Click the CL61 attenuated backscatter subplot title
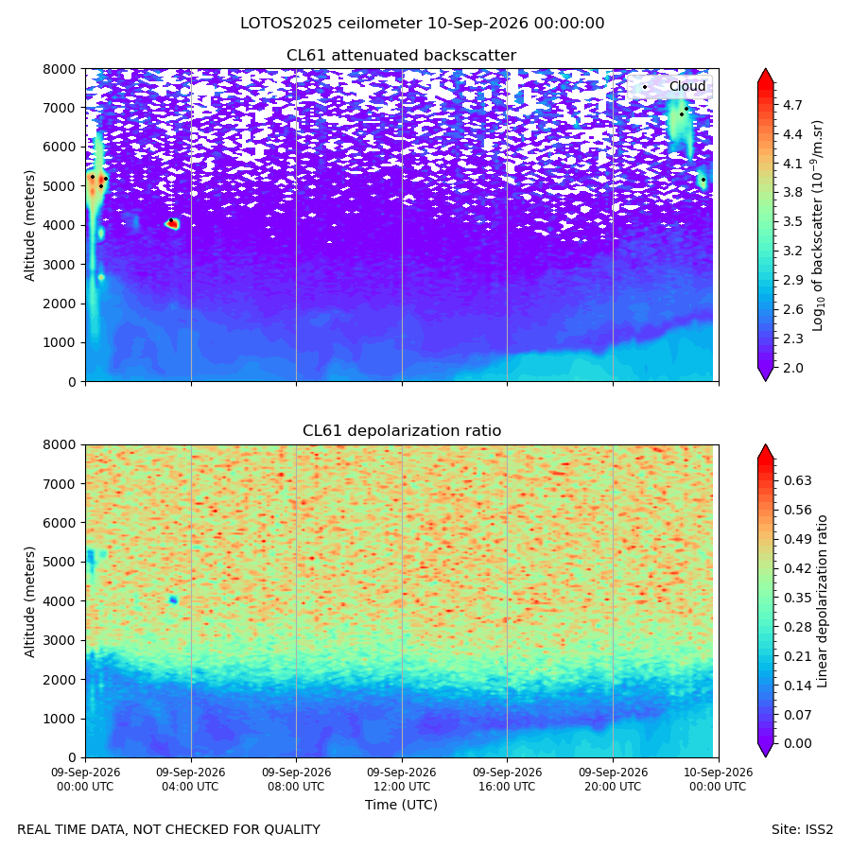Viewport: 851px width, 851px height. (402, 56)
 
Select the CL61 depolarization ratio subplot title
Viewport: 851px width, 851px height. (402, 431)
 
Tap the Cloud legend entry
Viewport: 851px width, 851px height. (687, 86)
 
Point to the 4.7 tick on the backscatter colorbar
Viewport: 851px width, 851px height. (792, 105)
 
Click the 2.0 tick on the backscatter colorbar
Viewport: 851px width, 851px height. (792, 368)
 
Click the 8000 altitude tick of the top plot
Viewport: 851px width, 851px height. (60, 69)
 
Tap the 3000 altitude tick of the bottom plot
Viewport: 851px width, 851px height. (60, 640)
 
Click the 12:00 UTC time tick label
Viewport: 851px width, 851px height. (402, 779)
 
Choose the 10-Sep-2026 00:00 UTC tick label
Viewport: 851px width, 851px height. (719, 779)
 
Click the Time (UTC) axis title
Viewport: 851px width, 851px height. (401, 805)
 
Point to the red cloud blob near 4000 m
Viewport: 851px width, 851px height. (173, 223)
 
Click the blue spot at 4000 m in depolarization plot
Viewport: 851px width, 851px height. (173, 599)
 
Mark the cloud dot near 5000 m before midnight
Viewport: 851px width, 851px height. (703, 180)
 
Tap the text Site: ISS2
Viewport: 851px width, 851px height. (802, 830)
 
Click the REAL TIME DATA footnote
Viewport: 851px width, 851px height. (169, 830)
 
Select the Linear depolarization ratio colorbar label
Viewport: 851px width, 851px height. (823, 601)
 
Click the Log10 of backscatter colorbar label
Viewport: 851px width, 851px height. (818, 225)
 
